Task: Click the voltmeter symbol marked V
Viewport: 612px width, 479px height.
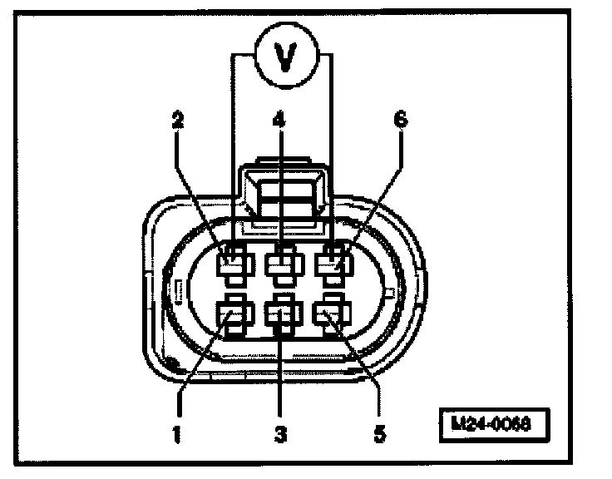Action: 283,58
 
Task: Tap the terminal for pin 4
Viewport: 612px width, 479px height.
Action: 282,265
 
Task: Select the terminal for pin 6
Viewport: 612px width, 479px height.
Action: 333,265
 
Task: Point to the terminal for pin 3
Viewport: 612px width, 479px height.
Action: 282,315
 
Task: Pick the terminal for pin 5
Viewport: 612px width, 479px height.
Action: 331,315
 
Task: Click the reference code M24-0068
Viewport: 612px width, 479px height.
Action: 496,422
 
